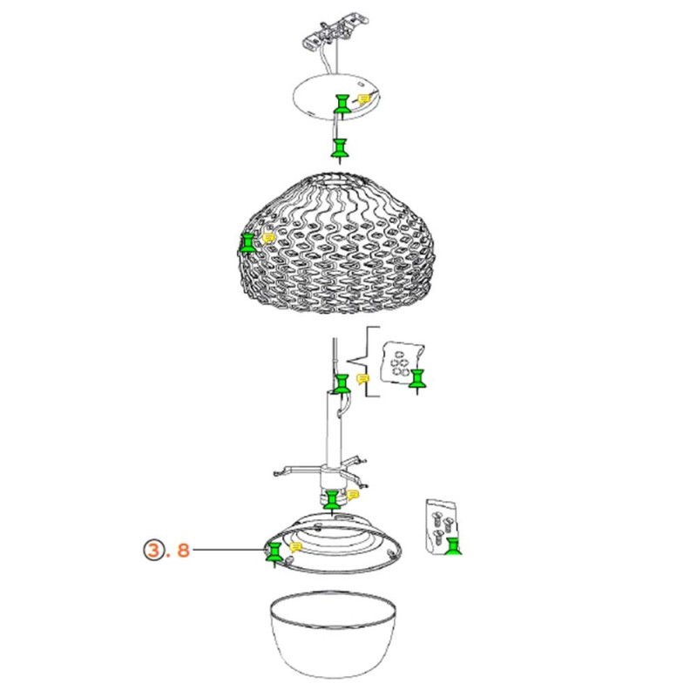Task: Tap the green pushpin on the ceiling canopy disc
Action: (x=342, y=105)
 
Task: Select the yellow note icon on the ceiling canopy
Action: (x=362, y=99)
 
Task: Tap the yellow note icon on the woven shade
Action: (x=269, y=235)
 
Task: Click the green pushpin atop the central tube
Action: (x=342, y=384)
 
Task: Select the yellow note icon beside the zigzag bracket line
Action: (x=362, y=378)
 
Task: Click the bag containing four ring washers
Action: (x=401, y=362)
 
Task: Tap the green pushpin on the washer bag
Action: (x=419, y=378)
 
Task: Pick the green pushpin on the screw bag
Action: (x=452, y=545)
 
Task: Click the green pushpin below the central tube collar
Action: (x=332, y=500)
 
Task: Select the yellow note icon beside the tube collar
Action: (x=353, y=494)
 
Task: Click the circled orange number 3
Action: (x=154, y=550)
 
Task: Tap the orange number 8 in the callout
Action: (x=183, y=550)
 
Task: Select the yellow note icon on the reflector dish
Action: (x=296, y=546)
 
